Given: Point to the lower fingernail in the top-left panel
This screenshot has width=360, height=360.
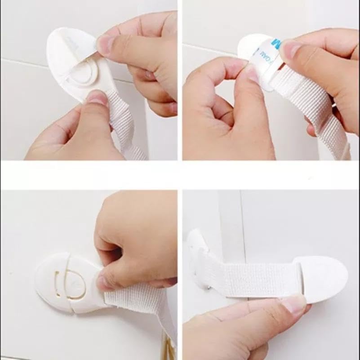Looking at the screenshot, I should pos(97,97).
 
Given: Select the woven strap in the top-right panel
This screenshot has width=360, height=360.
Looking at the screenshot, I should pos(315,108).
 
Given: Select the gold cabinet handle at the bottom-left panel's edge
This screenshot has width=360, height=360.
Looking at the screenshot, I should pos(169,348).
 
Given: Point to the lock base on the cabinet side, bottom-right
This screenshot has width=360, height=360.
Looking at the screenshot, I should pos(198,252).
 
